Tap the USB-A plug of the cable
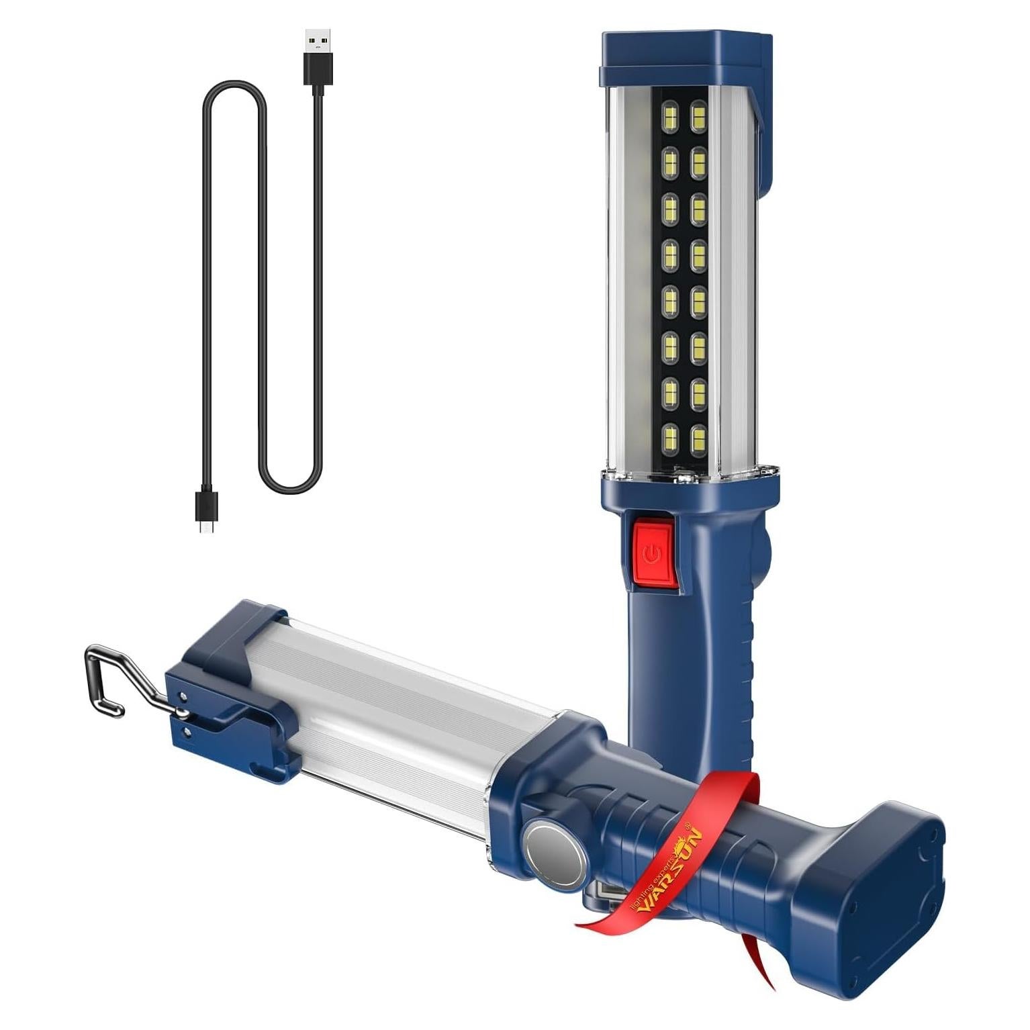(315, 54)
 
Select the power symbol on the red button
(649, 554)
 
